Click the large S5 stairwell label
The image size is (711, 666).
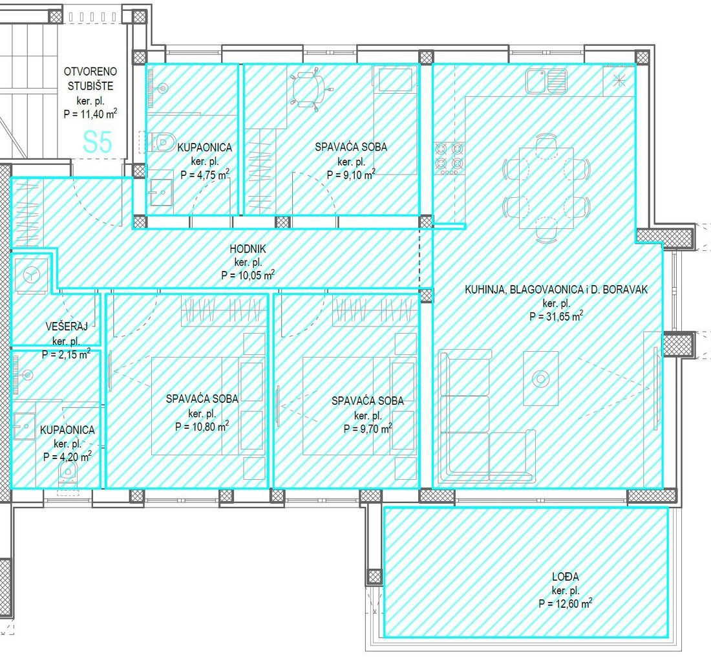[x=98, y=142]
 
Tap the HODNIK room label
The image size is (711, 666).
[x=248, y=248]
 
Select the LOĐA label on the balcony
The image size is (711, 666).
[x=566, y=577]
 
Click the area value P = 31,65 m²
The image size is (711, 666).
[x=557, y=316]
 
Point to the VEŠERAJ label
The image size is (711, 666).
[x=67, y=326]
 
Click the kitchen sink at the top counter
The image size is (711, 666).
[x=546, y=81]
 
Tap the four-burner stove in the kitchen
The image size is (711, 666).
[x=449, y=158]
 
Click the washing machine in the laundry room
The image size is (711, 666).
[x=31, y=275]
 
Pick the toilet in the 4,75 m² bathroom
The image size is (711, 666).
[x=159, y=142]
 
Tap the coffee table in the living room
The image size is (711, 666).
[x=540, y=378]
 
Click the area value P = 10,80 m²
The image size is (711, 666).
[x=202, y=427]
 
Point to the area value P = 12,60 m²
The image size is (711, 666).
[x=565, y=604]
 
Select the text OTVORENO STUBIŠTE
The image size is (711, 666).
[x=90, y=78]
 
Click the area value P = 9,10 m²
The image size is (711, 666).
[x=351, y=175]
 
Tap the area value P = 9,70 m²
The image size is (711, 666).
[x=368, y=429]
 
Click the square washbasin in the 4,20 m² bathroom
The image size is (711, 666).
[x=25, y=426]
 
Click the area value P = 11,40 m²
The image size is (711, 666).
[x=90, y=114]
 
